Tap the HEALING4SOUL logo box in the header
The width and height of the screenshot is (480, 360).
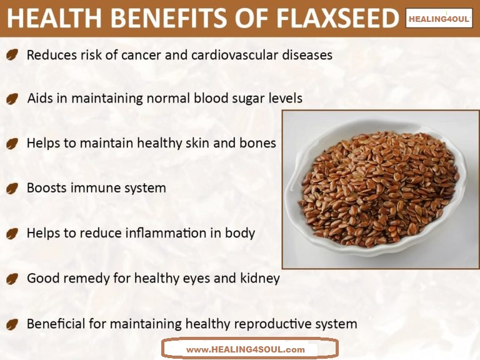point(439,19)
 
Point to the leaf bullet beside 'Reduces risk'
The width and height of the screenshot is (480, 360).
point(12,56)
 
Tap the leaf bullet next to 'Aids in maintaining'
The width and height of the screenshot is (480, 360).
point(12,99)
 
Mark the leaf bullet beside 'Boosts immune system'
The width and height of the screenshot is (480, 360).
point(12,188)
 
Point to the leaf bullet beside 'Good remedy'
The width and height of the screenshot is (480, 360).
point(12,279)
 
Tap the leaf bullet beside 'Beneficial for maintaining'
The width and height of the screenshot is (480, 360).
point(12,325)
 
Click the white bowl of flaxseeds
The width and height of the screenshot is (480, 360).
point(374,188)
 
